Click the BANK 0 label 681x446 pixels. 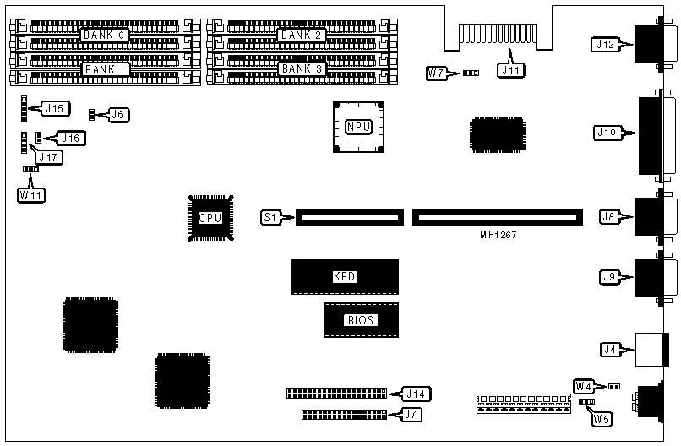coord(103,35)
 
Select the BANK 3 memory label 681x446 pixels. coord(302,68)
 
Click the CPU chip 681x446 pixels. coord(210,217)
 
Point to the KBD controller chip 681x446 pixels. coord(345,277)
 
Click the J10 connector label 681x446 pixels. coord(607,133)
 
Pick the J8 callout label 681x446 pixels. coord(608,217)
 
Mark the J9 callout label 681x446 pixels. coord(608,275)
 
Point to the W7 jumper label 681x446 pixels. coord(436,73)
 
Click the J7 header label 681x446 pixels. coord(411,415)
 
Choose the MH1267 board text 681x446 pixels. coord(497,234)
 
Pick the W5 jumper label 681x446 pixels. coord(602,416)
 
